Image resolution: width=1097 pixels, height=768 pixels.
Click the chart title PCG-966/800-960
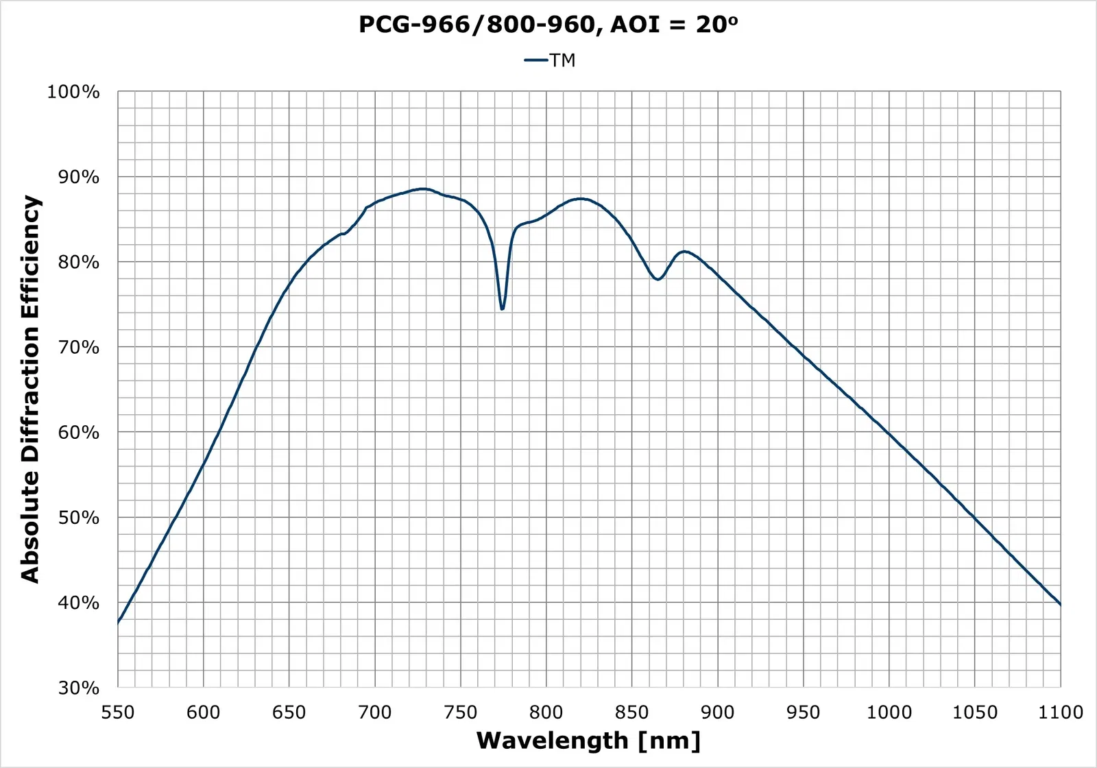[x=548, y=25]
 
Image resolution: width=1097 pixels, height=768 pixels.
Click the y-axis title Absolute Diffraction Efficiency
[x=30, y=389]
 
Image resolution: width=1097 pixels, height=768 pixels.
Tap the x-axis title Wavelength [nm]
[x=588, y=741]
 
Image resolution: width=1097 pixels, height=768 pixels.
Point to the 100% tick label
[x=73, y=92]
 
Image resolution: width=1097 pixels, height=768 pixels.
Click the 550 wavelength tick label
[x=118, y=712]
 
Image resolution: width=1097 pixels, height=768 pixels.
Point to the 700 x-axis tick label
[x=375, y=712]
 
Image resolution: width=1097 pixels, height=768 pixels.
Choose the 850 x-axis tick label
[x=632, y=712]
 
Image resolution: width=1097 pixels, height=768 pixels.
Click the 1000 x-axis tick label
[x=889, y=712]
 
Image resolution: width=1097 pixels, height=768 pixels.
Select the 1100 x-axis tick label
[x=1061, y=712]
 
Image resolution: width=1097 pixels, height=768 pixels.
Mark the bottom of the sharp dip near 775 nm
[x=503, y=309]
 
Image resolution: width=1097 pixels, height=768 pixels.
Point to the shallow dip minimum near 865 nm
[x=658, y=279]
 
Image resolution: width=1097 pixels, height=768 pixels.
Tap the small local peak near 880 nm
[x=684, y=252]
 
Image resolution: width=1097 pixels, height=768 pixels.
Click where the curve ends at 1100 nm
[x=1061, y=605]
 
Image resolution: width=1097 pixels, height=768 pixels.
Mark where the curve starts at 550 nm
[x=118, y=623]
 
